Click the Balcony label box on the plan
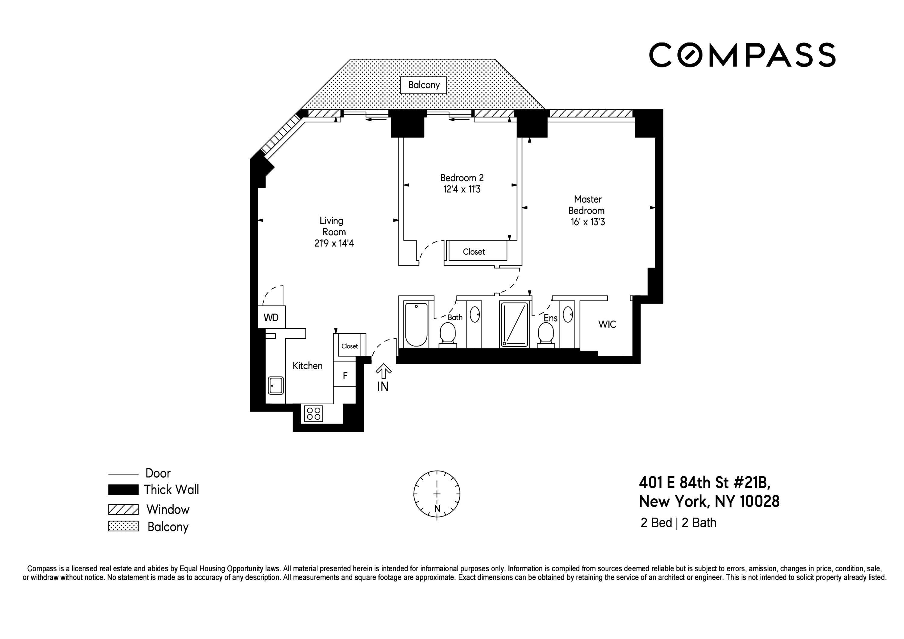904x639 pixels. pyautogui.click(x=423, y=85)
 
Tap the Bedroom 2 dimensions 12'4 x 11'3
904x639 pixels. pyautogui.click(x=462, y=190)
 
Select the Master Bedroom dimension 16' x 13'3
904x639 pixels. pyautogui.click(x=587, y=222)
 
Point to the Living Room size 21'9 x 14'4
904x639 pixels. pyautogui.click(x=334, y=243)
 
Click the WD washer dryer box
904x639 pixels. pyautogui.click(x=271, y=317)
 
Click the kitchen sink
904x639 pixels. pyautogui.click(x=276, y=385)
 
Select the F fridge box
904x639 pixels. pyautogui.click(x=345, y=376)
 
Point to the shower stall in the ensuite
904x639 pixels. pyautogui.click(x=514, y=324)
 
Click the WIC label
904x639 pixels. pyautogui.click(x=607, y=324)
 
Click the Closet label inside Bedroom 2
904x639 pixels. pyautogui.click(x=474, y=252)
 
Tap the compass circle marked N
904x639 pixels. pyautogui.click(x=437, y=494)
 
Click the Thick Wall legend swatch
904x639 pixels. pyautogui.click(x=123, y=489)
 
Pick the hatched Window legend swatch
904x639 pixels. pyautogui.click(x=123, y=509)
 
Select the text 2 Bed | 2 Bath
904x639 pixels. pyautogui.click(x=678, y=523)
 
